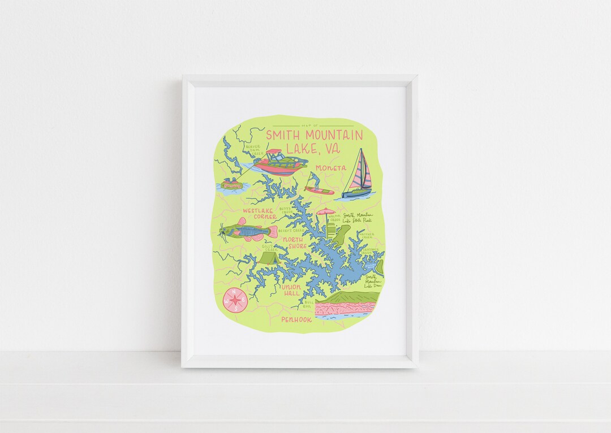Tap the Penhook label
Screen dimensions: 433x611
(296, 320)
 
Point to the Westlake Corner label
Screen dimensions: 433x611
(260, 213)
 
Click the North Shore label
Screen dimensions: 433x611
(294, 243)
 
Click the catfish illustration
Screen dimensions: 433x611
(248, 231)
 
